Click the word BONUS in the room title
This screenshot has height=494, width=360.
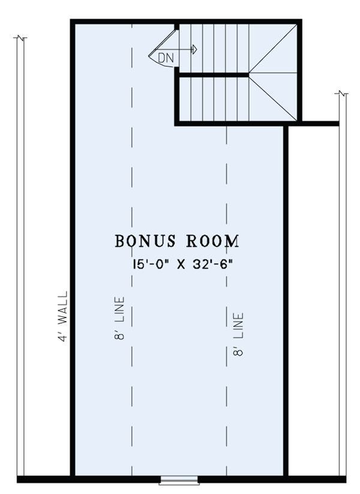click(x=145, y=241)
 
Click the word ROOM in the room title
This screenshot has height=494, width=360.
click(x=212, y=241)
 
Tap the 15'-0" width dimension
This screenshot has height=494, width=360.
click(x=151, y=264)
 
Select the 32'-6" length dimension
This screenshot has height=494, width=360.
click(x=214, y=264)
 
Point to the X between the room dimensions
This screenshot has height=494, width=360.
click(x=181, y=264)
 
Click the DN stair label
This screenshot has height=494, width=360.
click(x=166, y=58)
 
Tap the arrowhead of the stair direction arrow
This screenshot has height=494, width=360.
click(x=195, y=49)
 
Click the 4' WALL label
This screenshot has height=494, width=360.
click(x=63, y=316)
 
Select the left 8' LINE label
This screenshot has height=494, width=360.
click(x=119, y=318)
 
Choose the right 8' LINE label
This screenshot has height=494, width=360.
click(x=238, y=334)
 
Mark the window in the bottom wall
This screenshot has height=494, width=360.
click(x=179, y=489)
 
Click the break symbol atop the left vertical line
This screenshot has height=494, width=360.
click(x=20, y=38)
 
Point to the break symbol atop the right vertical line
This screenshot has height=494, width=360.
click(x=343, y=94)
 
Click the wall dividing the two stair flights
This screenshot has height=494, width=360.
click(x=212, y=75)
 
